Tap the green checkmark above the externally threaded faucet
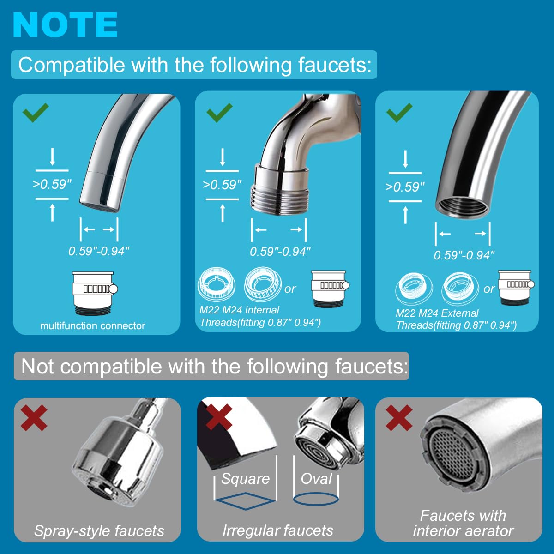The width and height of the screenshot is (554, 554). [220, 112]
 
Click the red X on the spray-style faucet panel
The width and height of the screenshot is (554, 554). [34, 417]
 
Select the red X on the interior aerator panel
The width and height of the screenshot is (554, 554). [399, 417]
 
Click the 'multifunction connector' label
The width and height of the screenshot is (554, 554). [92, 326]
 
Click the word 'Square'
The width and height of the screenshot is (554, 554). [245, 479]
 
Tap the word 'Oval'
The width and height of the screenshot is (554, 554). [316, 479]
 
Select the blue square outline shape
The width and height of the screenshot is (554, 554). [245, 500]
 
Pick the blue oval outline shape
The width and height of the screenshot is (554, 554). [316, 499]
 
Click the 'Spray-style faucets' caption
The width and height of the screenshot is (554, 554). [99, 531]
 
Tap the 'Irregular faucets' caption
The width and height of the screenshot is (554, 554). [278, 530]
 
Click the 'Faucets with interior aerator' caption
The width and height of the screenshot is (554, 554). [463, 523]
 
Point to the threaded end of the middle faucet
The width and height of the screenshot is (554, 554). [278, 198]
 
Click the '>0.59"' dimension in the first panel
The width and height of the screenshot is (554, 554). [52, 184]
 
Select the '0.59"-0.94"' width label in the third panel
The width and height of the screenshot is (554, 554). [464, 255]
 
